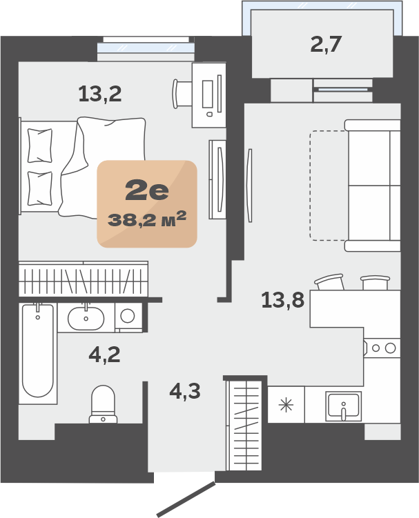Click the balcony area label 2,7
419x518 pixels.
(325, 44)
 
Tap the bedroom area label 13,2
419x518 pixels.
(100, 94)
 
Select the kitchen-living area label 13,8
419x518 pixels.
(283, 300)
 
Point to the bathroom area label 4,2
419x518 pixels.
(104, 355)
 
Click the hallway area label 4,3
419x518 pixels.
(185, 391)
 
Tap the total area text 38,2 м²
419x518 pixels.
(147, 219)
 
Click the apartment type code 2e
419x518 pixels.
(147, 191)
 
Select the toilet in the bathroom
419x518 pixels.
(103, 404)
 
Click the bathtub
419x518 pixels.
(38, 353)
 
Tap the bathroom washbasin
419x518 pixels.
(86, 318)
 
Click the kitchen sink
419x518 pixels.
(343, 406)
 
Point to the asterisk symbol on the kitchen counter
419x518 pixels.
(286, 405)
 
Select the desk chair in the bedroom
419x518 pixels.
(182, 94)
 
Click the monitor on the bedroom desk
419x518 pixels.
(208, 94)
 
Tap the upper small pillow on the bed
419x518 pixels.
(40, 146)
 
